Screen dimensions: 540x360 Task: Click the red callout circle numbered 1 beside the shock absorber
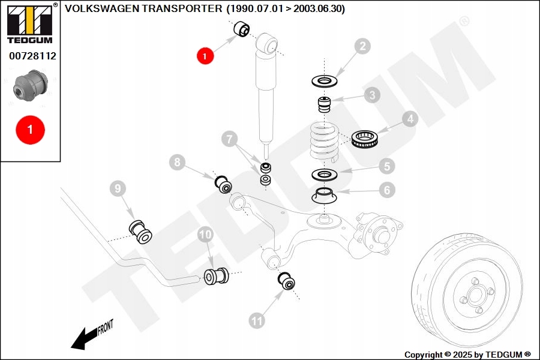(205, 56)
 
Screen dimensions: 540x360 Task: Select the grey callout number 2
(362, 47)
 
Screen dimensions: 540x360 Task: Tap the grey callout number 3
(372, 95)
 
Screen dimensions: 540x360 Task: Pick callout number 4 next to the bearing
(410, 119)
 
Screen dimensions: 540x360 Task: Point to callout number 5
(386, 166)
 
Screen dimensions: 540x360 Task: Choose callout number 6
(386, 191)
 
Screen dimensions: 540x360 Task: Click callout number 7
(229, 139)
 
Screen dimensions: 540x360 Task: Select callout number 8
(177, 161)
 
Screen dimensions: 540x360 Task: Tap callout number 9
(118, 189)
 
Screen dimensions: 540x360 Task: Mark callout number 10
(206, 235)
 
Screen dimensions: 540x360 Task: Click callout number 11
(257, 321)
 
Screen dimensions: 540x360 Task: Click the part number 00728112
(32, 56)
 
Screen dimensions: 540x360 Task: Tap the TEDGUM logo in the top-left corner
(29, 24)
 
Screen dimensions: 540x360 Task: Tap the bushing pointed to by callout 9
(142, 232)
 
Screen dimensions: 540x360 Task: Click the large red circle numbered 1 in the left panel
(30, 130)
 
